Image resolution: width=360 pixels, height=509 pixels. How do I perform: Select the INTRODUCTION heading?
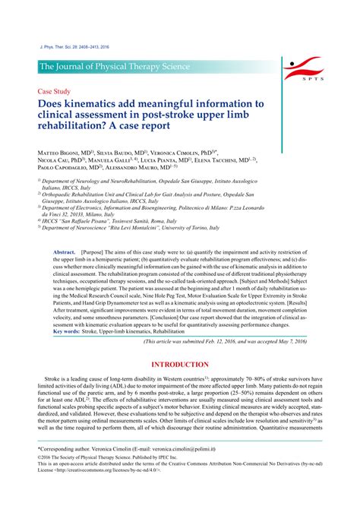click(x=180, y=365)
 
